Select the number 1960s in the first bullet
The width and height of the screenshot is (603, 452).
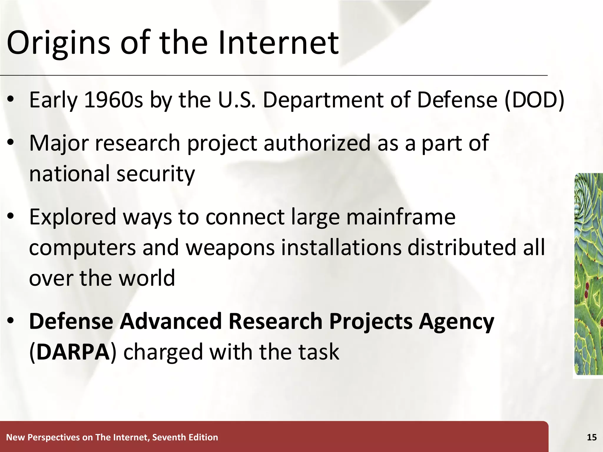(113, 100)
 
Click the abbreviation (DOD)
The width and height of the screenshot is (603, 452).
(534, 100)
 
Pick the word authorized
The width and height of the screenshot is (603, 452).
(317, 143)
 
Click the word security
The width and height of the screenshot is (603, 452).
(156, 174)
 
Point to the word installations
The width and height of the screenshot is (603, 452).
(341, 247)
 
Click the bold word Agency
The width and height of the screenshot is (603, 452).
(456, 321)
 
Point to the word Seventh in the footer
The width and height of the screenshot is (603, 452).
(169, 437)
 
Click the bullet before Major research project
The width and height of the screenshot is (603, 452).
(11, 143)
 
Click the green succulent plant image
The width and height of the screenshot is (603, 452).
(588, 274)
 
